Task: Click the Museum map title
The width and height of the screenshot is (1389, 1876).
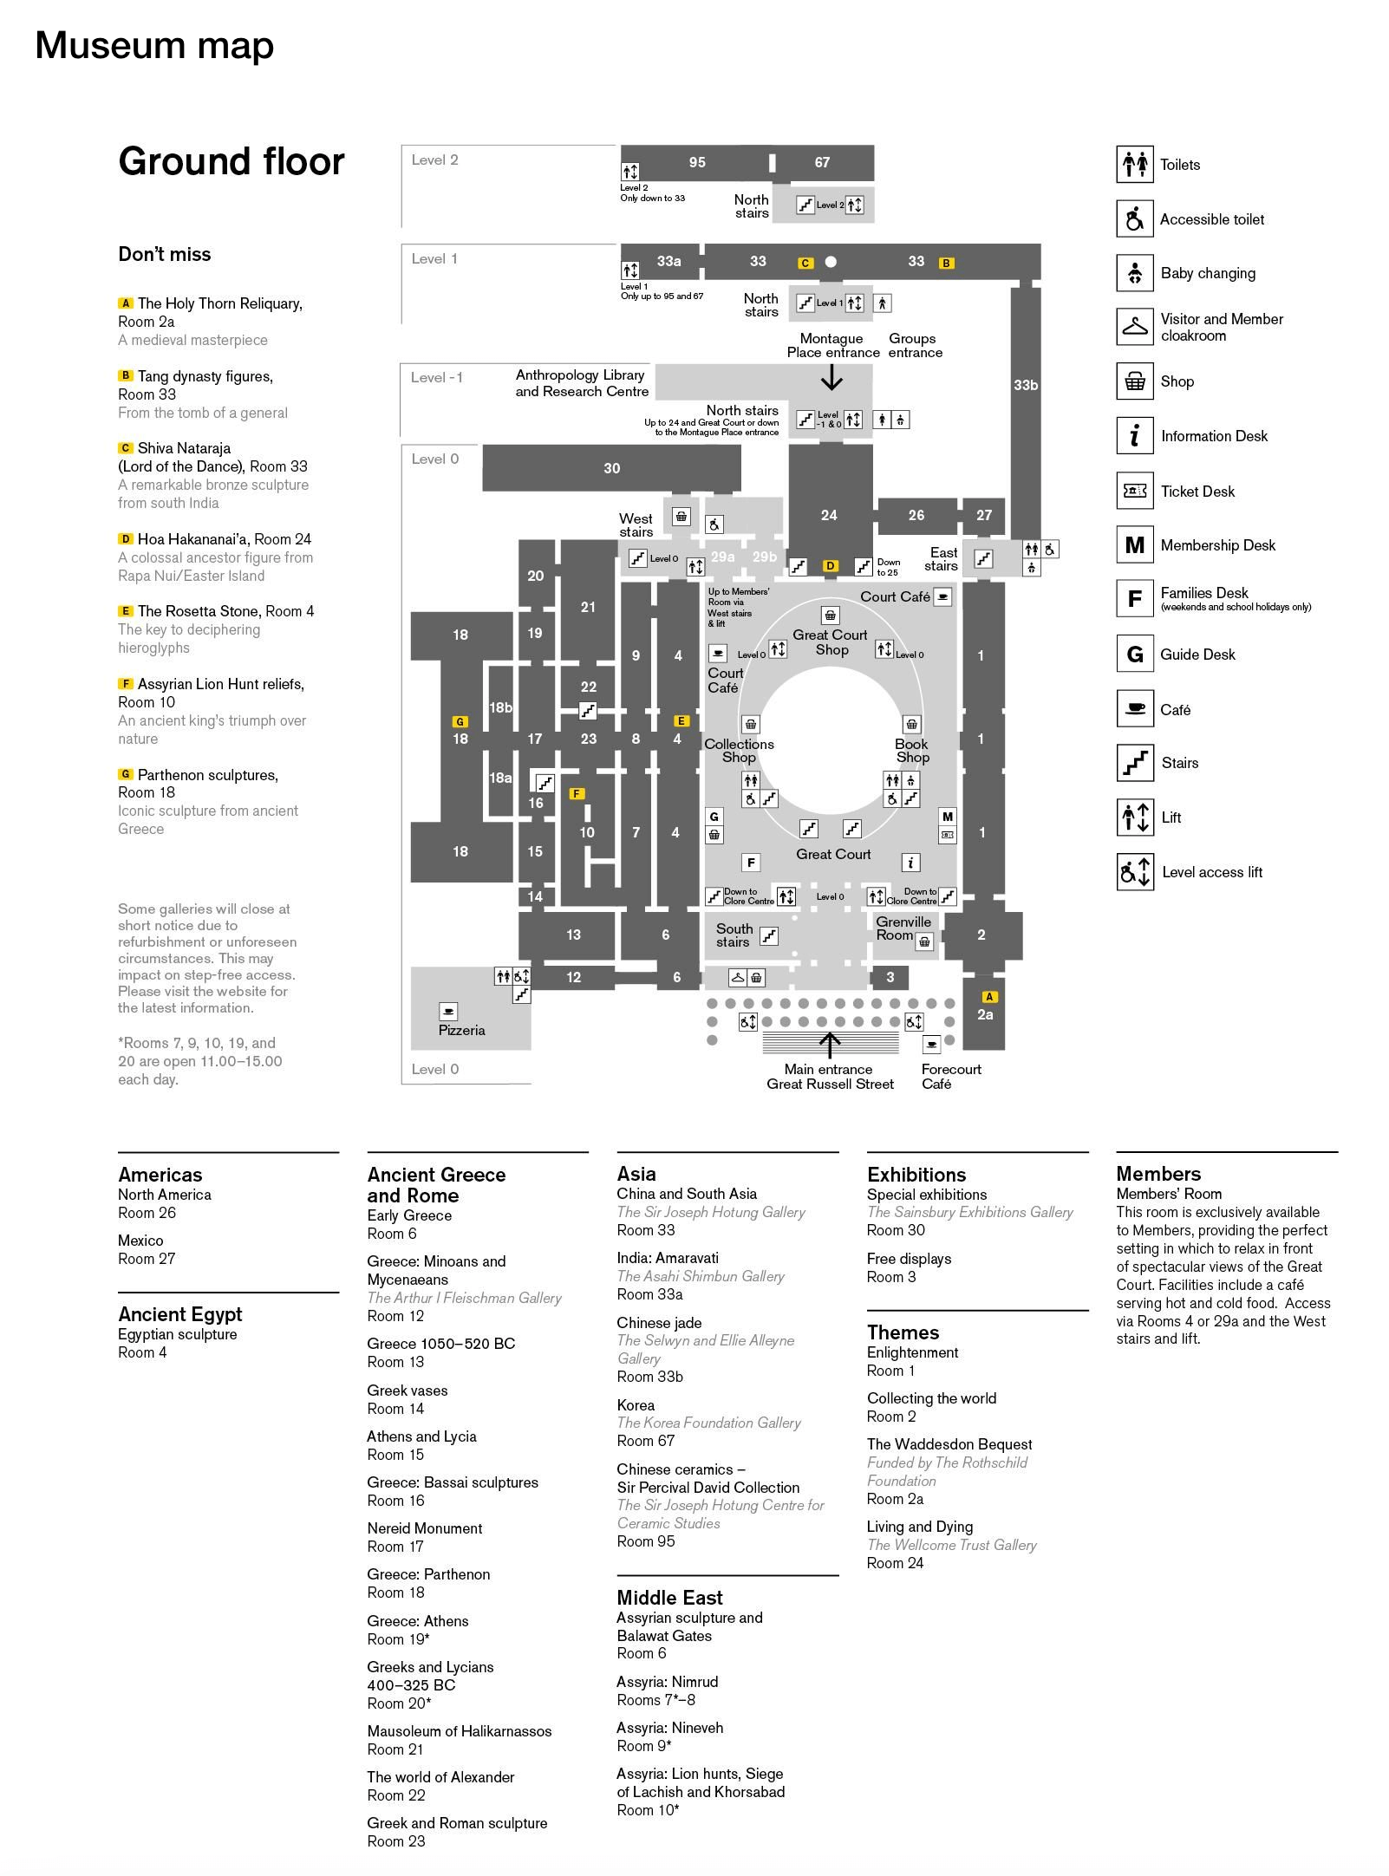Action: point(154,45)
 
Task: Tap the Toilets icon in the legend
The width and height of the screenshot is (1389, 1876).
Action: point(1134,164)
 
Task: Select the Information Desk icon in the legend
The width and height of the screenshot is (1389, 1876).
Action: point(1134,435)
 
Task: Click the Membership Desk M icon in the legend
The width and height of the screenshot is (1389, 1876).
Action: point(1134,544)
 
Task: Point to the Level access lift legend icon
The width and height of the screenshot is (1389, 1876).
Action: point(1134,871)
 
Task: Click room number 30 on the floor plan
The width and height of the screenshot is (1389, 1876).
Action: point(611,468)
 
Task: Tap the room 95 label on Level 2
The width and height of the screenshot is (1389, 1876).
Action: point(697,162)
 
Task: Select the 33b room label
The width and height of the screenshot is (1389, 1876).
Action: point(1026,385)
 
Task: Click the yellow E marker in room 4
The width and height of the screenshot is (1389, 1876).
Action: point(681,720)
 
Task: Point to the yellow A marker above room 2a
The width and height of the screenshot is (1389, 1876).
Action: point(988,997)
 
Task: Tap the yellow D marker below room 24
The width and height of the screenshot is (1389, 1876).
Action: point(830,566)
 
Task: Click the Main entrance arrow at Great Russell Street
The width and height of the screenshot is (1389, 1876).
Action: point(830,1044)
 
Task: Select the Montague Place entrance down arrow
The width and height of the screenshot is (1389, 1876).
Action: point(831,377)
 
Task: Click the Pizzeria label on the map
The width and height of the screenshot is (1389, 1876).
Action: point(461,1030)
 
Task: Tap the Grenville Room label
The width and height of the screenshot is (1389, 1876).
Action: point(903,928)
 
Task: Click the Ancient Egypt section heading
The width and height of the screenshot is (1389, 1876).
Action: point(179,1314)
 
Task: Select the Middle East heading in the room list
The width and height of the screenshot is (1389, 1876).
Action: point(669,1598)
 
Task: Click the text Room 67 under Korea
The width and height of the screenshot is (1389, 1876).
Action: point(645,1441)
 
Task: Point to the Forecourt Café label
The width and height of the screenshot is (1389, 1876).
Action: point(950,1076)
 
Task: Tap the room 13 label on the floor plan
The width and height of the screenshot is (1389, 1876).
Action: point(573,935)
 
